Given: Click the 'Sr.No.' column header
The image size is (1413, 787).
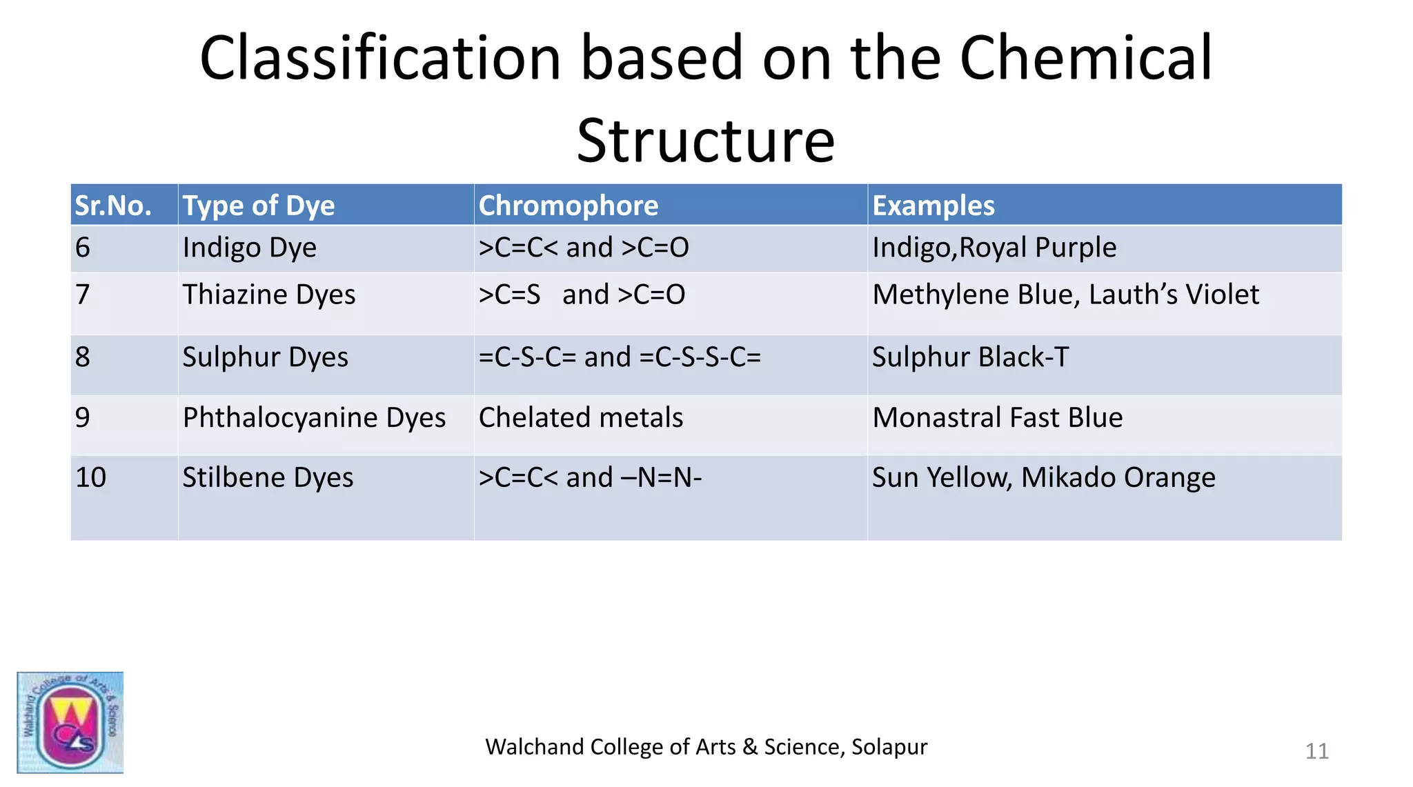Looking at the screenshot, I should coord(113,206).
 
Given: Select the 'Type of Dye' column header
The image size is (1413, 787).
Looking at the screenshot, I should coord(259,206).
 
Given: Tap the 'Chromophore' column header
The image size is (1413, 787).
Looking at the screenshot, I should coord(569,206).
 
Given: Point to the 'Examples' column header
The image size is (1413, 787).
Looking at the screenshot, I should coord(933,206).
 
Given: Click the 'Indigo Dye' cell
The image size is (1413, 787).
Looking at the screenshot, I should coord(249,248).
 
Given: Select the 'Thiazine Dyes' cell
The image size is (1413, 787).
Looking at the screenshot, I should coord(268,295).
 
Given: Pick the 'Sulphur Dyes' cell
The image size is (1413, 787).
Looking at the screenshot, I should coord(265,357).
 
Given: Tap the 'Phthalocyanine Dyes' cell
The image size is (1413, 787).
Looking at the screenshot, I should coord(314,418).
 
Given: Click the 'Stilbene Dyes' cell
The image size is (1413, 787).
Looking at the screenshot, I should coord(268,477).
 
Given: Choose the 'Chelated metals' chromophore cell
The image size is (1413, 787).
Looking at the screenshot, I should coord(581,418).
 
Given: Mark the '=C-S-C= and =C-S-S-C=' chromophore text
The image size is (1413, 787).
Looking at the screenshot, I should coord(620,357).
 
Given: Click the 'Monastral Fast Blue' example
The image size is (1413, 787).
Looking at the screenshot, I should coord(997,418).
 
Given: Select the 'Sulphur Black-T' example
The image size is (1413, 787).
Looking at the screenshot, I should coord(970,357).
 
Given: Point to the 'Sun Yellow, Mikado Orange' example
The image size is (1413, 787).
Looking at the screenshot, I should coord(1043,477).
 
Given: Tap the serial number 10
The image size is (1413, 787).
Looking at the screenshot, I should coord(90,477).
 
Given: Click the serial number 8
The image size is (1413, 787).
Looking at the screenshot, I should coord(83,357).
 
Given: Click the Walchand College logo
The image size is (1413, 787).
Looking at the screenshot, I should coord(70,722).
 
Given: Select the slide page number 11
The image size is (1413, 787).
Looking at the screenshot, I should coord(1316,751).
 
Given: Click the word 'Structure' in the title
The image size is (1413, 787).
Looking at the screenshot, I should coord(706,141).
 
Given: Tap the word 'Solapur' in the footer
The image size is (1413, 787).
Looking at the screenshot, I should coord(889,747).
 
